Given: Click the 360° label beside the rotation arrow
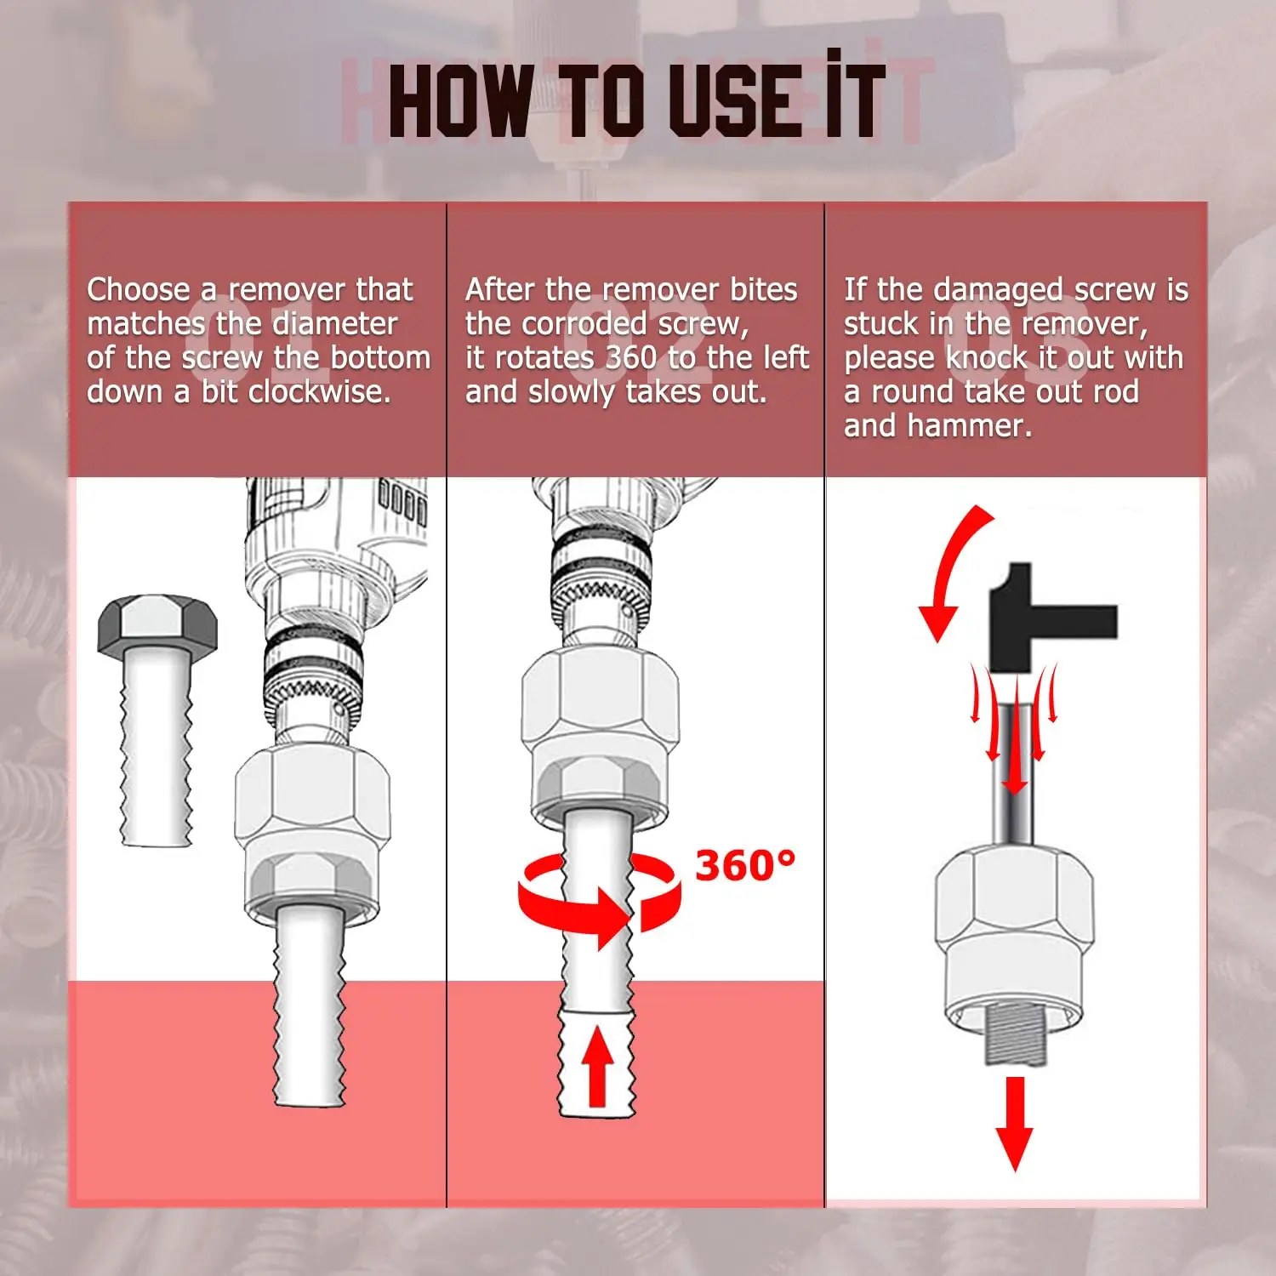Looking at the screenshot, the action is (745, 866).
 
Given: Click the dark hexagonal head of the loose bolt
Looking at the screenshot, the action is (157, 624).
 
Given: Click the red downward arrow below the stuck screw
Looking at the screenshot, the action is (1015, 1123).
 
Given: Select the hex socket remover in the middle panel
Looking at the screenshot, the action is (600, 733).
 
